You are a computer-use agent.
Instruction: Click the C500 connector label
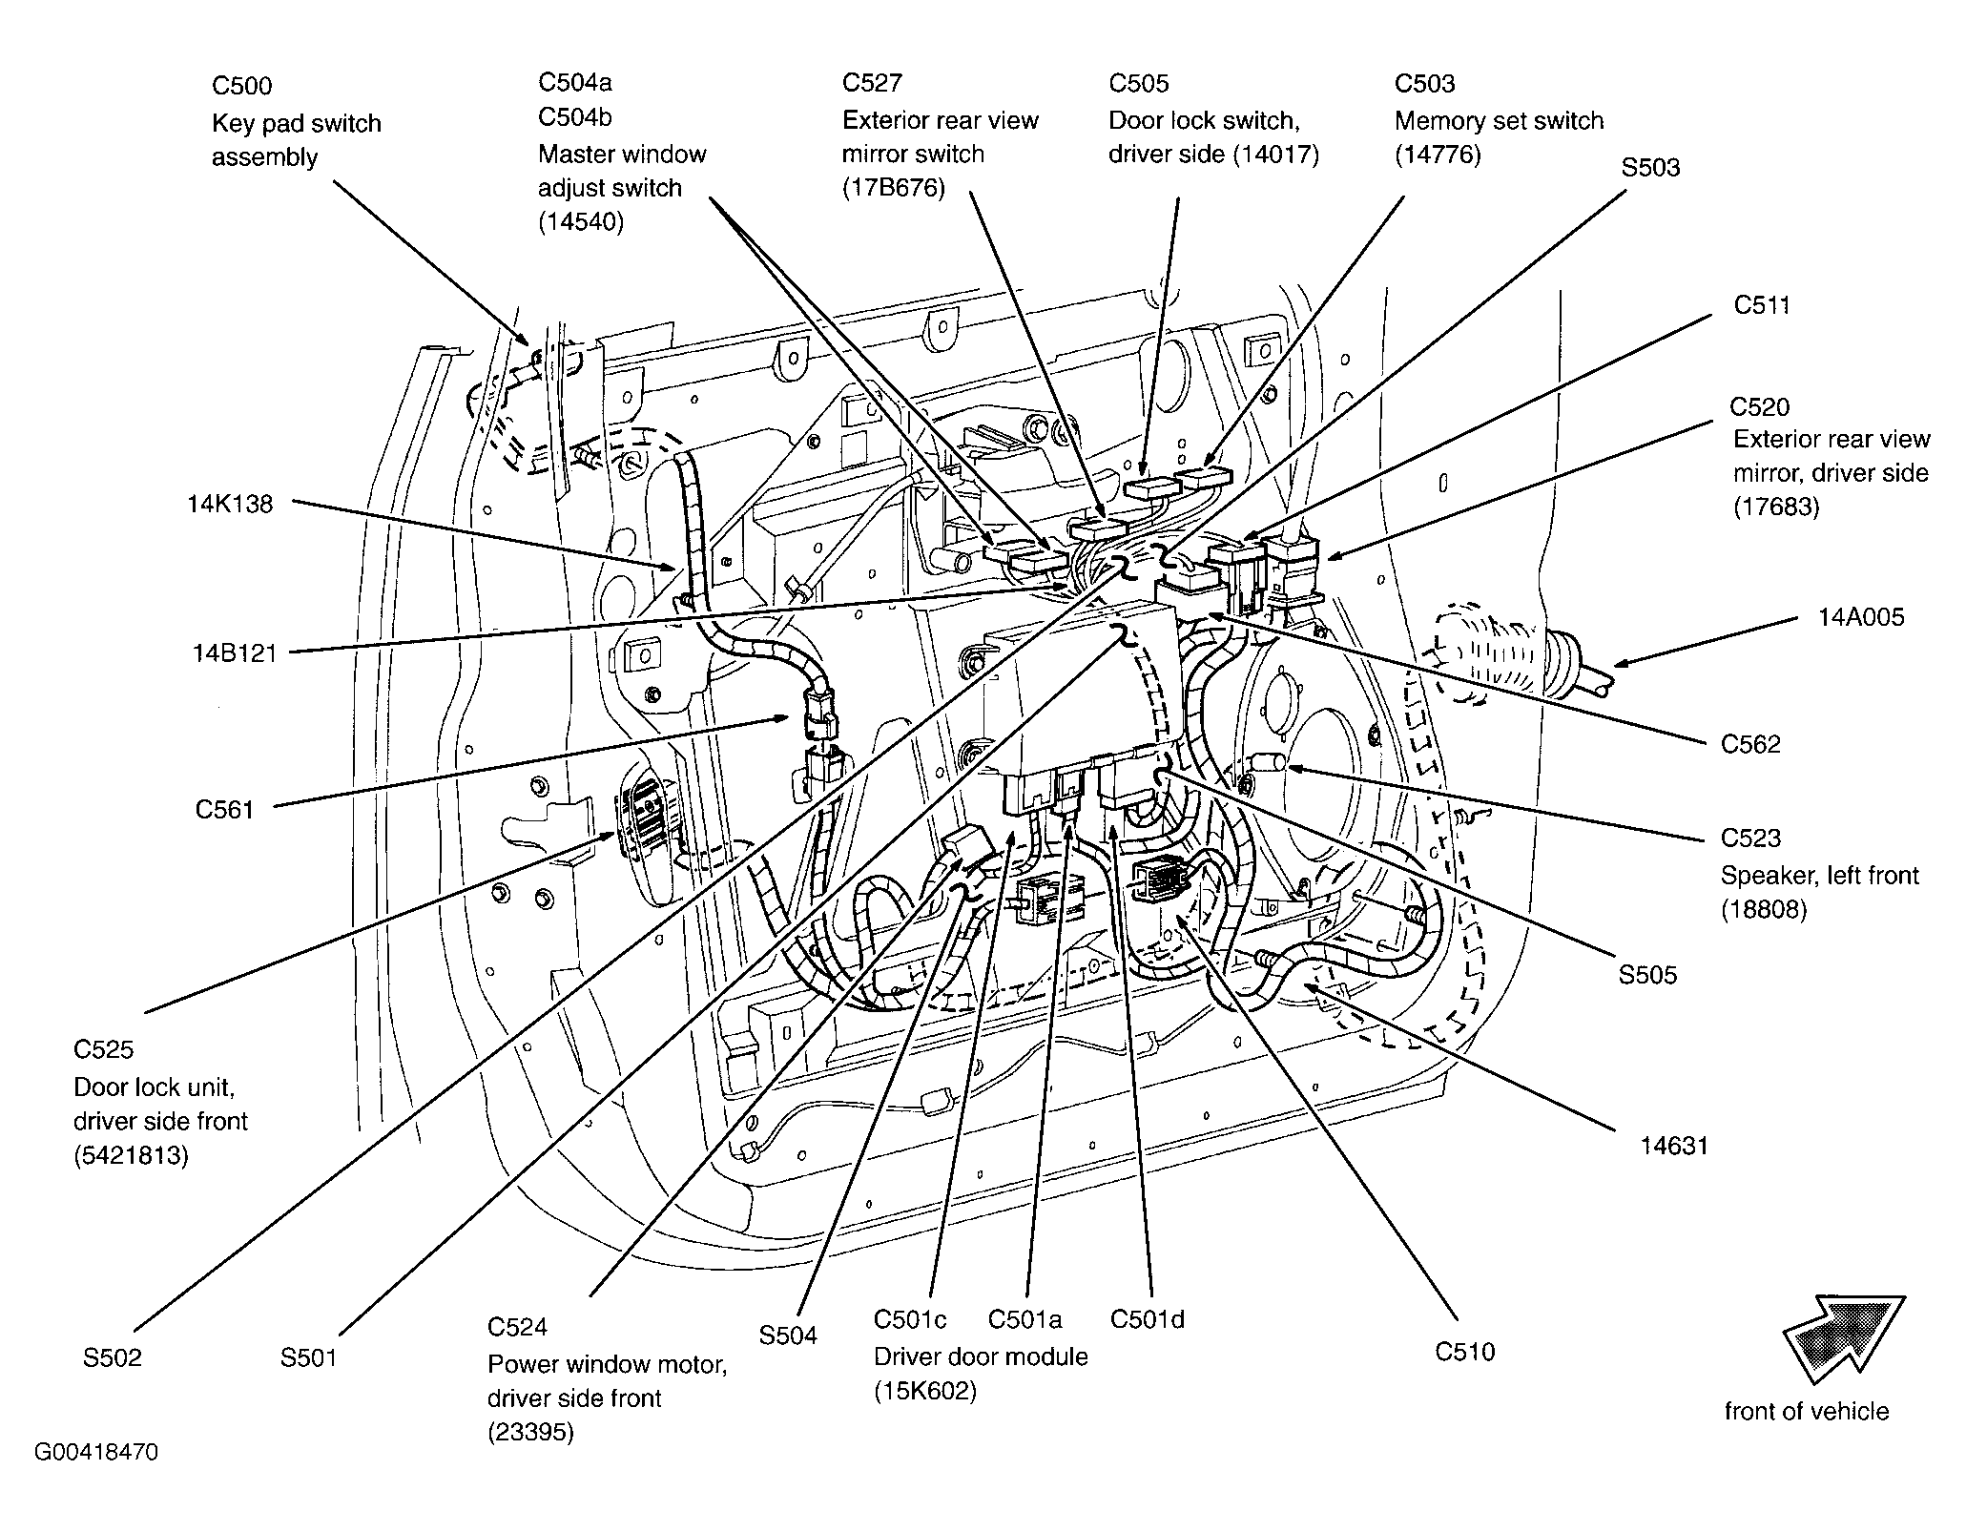click(241, 86)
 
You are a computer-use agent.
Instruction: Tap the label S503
click(1651, 168)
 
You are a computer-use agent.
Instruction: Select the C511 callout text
click(1762, 305)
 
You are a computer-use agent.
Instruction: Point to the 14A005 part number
click(1861, 617)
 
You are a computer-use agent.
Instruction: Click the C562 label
click(1750, 744)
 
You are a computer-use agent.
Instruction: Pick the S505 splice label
click(1647, 975)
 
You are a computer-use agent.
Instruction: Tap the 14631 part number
click(1674, 1145)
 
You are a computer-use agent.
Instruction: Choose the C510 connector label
click(1465, 1352)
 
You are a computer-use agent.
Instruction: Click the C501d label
click(1148, 1319)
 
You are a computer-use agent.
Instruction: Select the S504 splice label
click(788, 1335)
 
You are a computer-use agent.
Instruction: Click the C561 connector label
click(225, 810)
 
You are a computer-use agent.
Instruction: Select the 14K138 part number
click(230, 504)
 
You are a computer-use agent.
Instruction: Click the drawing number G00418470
click(96, 1453)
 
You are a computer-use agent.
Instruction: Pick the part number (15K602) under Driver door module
click(925, 1392)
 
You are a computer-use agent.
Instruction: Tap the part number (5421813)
click(131, 1155)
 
